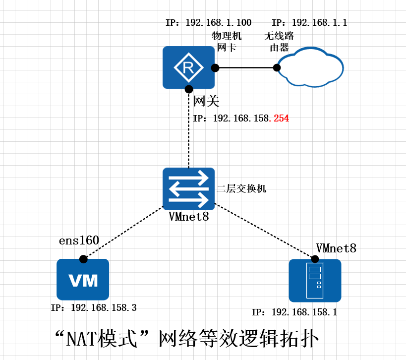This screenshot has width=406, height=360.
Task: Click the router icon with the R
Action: coord(188,67)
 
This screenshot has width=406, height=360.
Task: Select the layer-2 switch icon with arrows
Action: coord(188,188)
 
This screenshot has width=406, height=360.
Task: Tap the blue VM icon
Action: coord(83,280)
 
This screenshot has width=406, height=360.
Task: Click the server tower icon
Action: coord(315,281)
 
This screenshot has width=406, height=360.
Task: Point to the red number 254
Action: coord(281,119)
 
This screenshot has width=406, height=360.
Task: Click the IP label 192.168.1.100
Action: coord(208,23)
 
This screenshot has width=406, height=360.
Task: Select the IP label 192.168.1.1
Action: coord(309,23)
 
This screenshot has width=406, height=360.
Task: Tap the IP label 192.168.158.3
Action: coord(94,308)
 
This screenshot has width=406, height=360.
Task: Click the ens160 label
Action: coord(79,241)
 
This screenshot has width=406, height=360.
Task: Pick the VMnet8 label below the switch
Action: coord(188,217)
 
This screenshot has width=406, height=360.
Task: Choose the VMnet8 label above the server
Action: coord(336,248)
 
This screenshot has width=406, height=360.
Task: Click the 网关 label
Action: coord(206,101)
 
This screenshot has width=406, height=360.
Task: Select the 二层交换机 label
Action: coord(241,188)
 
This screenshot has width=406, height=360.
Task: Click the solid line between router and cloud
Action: coord(245,67)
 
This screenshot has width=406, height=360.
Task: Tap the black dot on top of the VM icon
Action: coord(83,259)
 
